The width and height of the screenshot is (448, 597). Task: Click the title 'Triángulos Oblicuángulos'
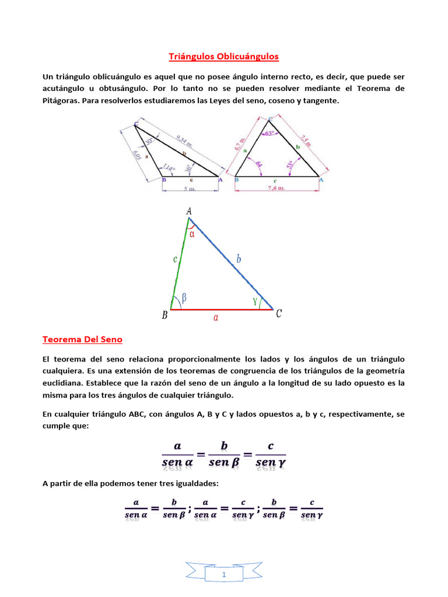(224, 57)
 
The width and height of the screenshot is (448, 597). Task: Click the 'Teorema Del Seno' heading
(82, 339)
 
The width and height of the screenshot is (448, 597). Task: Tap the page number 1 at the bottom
(223, 575)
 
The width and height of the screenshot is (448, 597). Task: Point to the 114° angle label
(169, 167)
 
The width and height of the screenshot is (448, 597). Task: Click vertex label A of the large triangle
(189, 212)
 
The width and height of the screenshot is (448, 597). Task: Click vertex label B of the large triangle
(165, 315)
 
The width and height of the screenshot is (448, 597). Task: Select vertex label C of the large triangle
(279, 314)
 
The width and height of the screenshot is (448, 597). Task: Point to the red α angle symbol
(193, 234)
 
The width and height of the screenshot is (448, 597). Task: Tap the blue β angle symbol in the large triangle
(184, 297)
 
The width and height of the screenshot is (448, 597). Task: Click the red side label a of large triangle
(216, 318)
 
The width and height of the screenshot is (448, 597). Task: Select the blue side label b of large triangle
(239, 259)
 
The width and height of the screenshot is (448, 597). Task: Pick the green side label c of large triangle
(175, 260)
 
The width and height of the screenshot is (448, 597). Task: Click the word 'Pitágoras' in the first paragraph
(61, 101)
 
